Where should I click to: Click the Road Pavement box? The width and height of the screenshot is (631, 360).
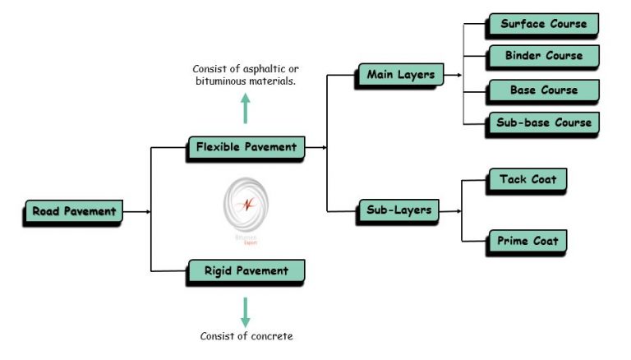[73, 211]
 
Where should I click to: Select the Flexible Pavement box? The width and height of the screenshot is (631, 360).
[246, 147]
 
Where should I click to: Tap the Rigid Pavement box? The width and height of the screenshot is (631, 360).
[246, 270]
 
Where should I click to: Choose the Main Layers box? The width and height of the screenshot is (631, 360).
[400, 76]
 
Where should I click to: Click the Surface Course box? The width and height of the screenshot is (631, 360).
[543, 24]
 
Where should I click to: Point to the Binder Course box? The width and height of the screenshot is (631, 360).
[543, 56]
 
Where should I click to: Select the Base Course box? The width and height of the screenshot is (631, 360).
[543, 90]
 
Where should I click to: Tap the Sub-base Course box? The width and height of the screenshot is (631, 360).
[543, 122]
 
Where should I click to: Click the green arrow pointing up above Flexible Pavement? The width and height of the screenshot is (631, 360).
[245, 108]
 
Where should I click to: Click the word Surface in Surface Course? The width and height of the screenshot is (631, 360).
[523, 24]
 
